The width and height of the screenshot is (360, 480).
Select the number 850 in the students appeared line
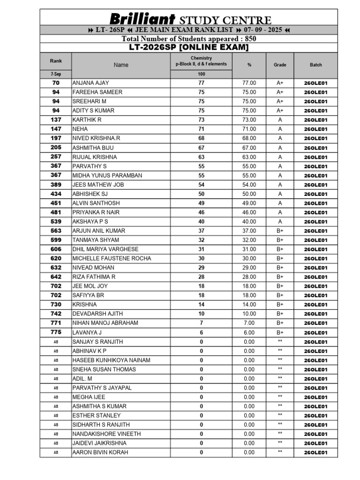pos(247,39)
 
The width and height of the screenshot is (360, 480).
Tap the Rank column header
pos(56,61)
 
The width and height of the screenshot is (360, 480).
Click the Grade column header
pos(280,65)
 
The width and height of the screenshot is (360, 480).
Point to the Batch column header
pos(315,65)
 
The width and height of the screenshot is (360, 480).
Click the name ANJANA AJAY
pos(90,83)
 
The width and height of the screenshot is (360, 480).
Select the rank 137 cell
pos(56,120)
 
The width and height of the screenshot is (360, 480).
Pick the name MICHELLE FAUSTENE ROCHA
pos(112,258)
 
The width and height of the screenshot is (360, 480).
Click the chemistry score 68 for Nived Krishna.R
pos(202,138)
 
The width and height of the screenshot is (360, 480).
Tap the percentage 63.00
pos(249,157)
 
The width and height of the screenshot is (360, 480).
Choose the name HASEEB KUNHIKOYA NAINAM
pos(111,360)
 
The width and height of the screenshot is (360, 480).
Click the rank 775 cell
pos(56,332)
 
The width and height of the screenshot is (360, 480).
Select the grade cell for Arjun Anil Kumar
pos(280,231)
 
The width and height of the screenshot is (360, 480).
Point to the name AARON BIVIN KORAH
pos(100,452)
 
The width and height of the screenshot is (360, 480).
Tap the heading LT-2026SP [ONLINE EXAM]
pos(188,47)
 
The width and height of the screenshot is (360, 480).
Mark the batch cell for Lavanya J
pos(315,332)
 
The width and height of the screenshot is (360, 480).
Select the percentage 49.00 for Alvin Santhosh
pos(249,203)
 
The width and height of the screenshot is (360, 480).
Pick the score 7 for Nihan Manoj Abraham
pos(202,323)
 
